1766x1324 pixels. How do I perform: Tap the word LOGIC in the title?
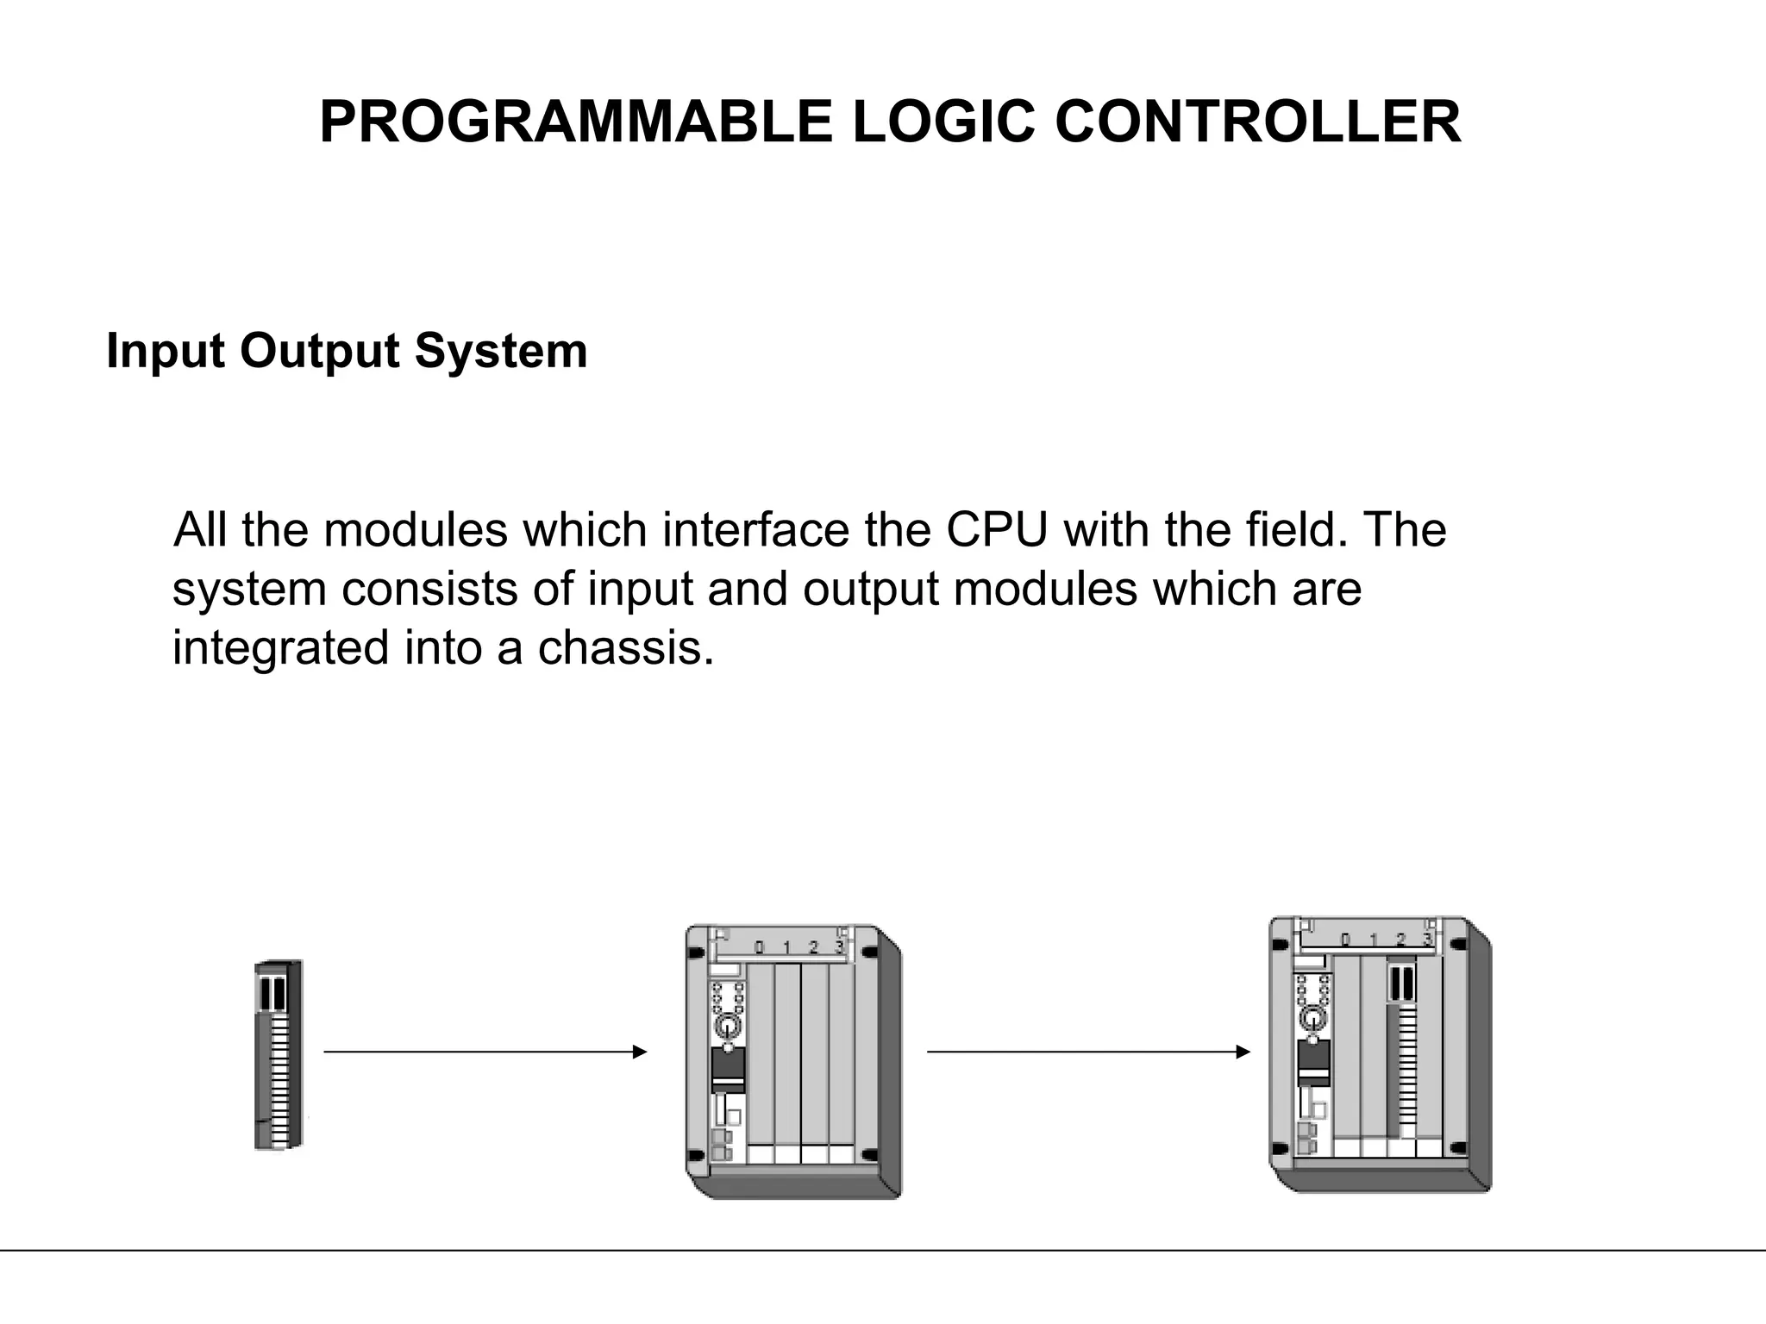pyautogui.click(x=943, y=122)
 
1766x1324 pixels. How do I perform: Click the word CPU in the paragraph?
pyautogui.click(x=997, y=529)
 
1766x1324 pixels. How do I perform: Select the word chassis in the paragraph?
pyautogui.click(x=626, y=647)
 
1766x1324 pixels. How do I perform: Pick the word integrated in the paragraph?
pyautogui.click(x=281, y=647)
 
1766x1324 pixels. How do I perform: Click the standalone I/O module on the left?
pyautogui.click(x=279, y=1053)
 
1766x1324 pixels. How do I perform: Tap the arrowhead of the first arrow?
pyautogui.click(x=640, y=1052)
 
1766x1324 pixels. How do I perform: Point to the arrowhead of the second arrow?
pyautogui.click(x=1243, y=1052)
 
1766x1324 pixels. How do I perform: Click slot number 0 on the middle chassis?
pyautogui.click(x=759, y=948)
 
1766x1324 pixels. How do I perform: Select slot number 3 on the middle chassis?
pyautogui.click(x=838, y=948)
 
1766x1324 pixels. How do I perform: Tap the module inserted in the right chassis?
pyautogui.click(x=1402, y=1052)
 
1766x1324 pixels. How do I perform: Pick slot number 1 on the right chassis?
pyautogui.click(x=1374, y=940)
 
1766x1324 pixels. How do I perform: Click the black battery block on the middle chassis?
pyautogui.click(x=728, y=1070)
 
